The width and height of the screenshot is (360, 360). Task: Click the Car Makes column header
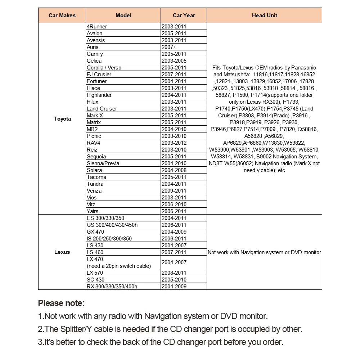(x=62, y=15)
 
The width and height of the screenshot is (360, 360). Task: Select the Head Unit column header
(x=264, y=15)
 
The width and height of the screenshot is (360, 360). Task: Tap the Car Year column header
(x=184, y=15)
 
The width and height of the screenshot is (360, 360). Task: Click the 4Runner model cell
(x=97, y=27)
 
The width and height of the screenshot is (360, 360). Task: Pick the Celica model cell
(x=94, y=61)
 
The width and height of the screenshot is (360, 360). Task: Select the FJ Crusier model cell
(x=99, y=75)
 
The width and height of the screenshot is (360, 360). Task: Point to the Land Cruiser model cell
(x=102, y=109)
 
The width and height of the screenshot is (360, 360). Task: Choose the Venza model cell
(x=94, y=191)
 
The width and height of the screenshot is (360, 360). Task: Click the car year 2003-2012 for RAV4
(x=174, y=143)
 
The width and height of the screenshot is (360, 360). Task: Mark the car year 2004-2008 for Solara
(x=174, y=170)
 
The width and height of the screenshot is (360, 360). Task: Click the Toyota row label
(x=62, y=119)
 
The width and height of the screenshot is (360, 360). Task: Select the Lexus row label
(x=62, y=252)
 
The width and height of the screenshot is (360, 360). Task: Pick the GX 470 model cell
(x=95, y=232)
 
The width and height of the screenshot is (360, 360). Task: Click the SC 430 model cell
(x=95, y=280)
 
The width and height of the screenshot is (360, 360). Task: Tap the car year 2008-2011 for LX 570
(x=174, y=273)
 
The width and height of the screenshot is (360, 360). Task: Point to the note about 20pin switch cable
(x=119, y=266)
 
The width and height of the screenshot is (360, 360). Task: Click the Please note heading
(x=61, y=303)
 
